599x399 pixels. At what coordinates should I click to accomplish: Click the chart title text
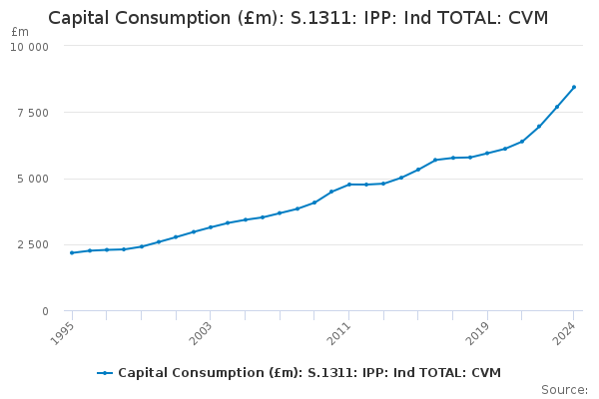point(299,18)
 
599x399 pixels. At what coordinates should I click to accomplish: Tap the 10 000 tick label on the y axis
point(29,47)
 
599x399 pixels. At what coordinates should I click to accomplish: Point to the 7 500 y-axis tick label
point(32,113)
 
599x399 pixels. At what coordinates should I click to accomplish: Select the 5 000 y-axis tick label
point(32,180)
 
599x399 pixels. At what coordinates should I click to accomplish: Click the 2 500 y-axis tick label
point(32,245)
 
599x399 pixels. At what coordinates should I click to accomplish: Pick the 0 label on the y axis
point(45,311)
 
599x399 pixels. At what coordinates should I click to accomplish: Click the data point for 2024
point(574,87)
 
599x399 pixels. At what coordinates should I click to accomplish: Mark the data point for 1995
point(72,252)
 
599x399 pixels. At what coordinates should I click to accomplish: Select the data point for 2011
point(349,185)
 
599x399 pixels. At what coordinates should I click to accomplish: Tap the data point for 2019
point(487,153)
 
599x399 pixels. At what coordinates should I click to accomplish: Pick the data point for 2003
point(211,227)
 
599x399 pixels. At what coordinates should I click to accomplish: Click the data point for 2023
point(557,107)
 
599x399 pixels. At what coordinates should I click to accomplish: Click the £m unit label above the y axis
point(20,32)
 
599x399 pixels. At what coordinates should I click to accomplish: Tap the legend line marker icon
point(105,373)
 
